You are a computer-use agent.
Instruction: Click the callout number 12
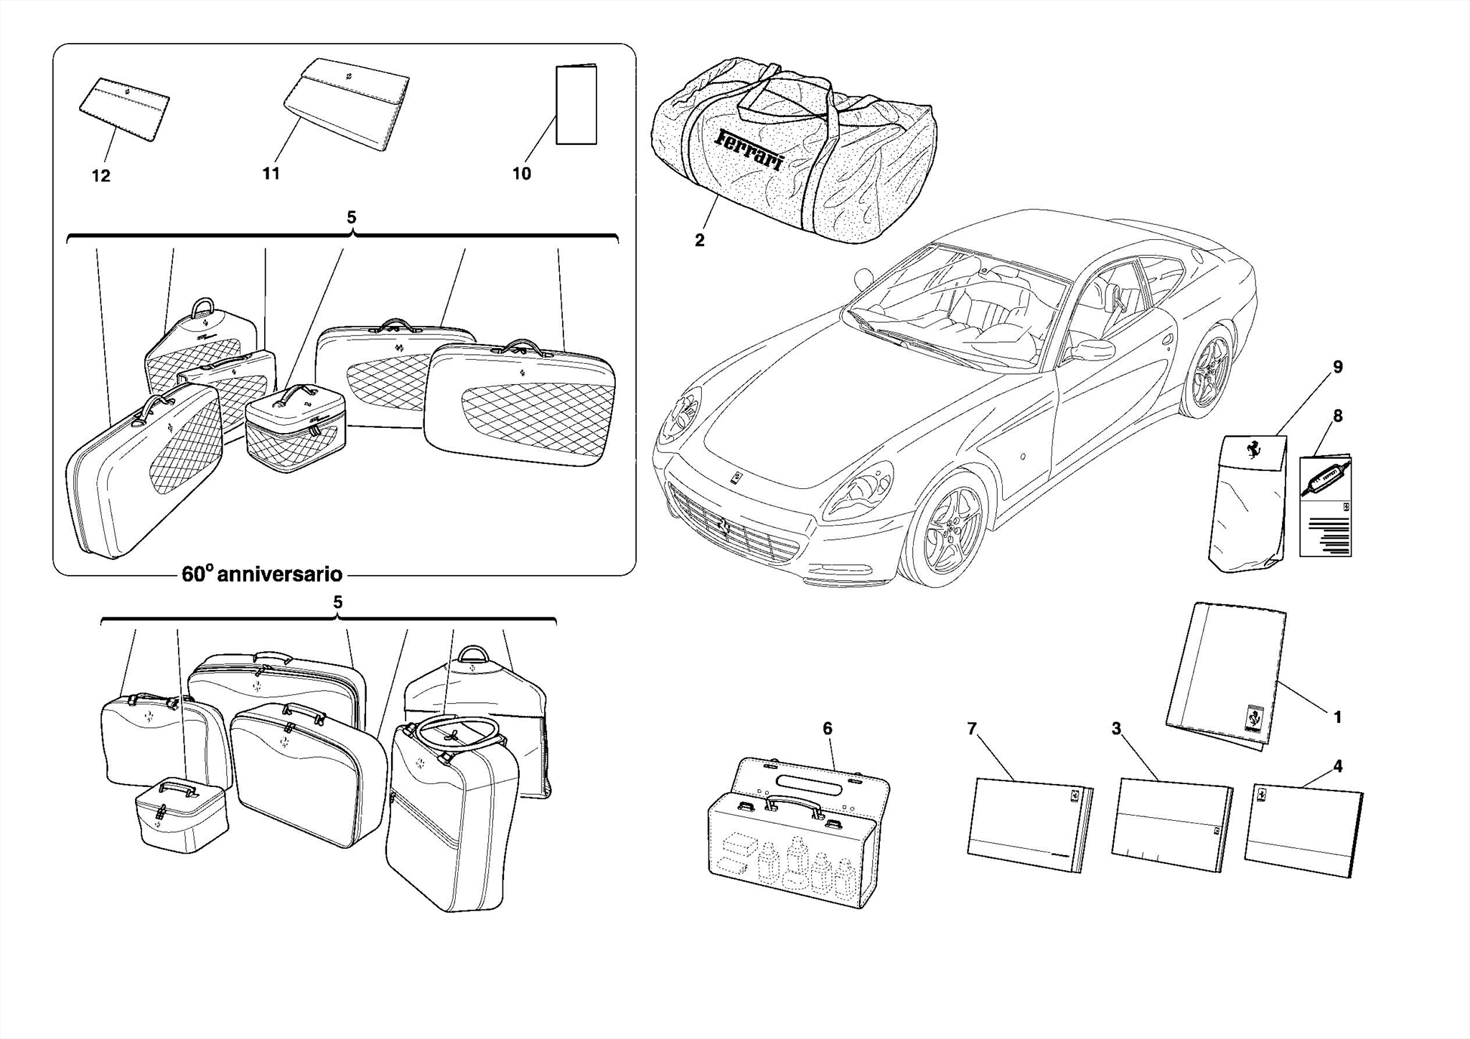(100, 176)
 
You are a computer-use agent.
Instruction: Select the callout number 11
(271, 174)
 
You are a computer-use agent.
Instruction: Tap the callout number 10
(521, 174)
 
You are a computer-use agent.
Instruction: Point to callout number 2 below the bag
(699, 241)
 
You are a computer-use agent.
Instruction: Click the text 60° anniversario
(262, 574)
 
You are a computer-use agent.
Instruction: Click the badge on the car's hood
(737, 477)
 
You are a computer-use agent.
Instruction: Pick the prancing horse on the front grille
(724, 528)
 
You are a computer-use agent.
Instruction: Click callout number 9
(1337, 368)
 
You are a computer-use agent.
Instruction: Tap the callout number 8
(1337, 416)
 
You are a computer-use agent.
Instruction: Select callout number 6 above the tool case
(827, 729)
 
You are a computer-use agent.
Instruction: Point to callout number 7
(971, 730)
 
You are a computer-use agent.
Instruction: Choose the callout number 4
(1337, 767)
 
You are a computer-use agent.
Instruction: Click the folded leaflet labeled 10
(576, 105)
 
